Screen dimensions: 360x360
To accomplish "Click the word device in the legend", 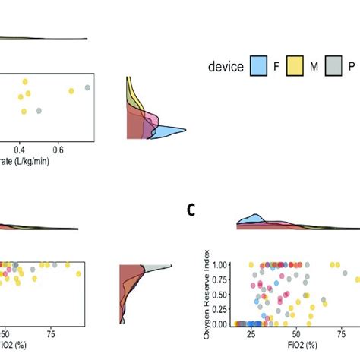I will tap(226, 67).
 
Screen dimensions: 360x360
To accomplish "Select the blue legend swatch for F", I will tap(259, 67).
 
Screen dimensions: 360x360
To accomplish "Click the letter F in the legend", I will tap(277, 67).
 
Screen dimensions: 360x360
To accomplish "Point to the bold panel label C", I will tap(192, 210).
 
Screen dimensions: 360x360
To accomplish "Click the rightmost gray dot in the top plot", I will tap(87, 88).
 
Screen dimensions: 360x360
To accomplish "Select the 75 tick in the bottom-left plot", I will tap(51, 333).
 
